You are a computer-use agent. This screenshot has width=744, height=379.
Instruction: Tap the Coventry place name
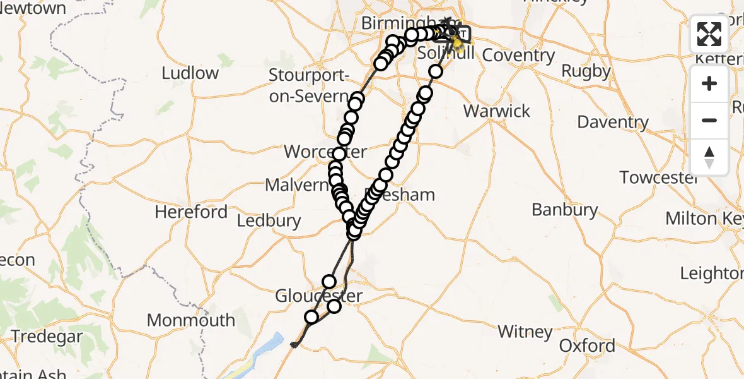coord(518,56)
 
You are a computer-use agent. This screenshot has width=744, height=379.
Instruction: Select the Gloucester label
coord(318,296)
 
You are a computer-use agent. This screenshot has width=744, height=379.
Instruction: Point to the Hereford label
coord(191,212)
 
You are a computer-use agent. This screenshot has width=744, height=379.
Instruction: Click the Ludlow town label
coord(190,73)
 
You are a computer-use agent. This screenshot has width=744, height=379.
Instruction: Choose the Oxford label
coord(587,346)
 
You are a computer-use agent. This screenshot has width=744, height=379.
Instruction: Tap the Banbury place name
coord(564,210)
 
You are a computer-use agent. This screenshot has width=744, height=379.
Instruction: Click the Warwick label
coord(497,112)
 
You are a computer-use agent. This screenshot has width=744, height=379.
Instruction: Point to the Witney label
coord(525,332)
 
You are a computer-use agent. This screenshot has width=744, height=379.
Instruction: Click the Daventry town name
coord(612,122)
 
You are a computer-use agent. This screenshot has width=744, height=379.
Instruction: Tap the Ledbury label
coord(269,221)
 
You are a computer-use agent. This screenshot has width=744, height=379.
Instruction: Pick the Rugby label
coord(586,71)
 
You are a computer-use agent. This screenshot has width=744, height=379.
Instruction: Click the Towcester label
coord(658,178)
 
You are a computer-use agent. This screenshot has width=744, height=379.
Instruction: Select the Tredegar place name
coord(47,337)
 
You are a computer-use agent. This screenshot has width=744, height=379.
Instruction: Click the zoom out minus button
coord(709,120)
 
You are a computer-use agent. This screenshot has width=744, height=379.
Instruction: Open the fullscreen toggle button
coord(709,35)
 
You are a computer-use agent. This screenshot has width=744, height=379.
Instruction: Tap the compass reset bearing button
coord(709,157)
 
